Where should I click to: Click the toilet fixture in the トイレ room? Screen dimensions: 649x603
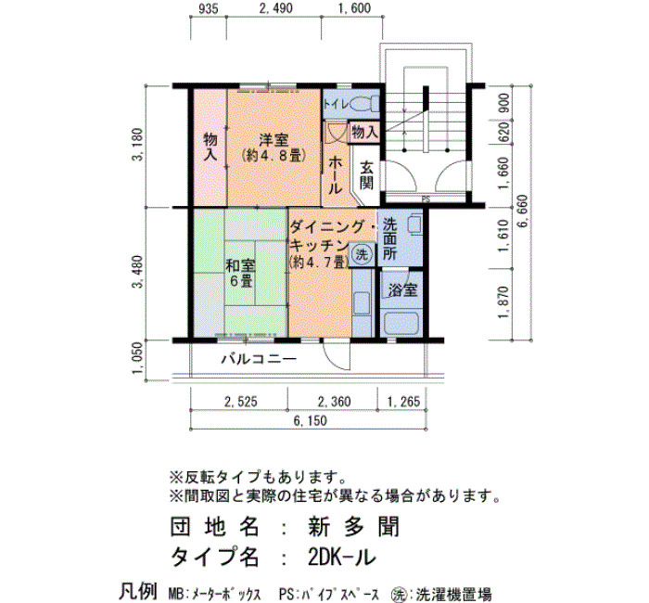pos(365,104)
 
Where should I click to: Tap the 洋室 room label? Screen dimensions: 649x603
pos(274,139)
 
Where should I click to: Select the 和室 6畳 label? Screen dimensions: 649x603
pos(240,273)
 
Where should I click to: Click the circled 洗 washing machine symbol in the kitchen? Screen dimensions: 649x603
pos(363,254)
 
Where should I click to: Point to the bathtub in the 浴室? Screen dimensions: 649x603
pos(401,324)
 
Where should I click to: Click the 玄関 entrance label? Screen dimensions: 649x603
pos(367,174)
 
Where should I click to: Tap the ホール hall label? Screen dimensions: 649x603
pos(336,175)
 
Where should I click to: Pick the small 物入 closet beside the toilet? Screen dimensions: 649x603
pos(364,133)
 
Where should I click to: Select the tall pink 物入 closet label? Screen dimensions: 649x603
pos(210,147)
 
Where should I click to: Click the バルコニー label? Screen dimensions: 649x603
pos(259,358)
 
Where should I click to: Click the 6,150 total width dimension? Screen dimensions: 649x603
pos(310,421)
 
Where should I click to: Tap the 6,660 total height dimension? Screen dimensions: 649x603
pos(523,212)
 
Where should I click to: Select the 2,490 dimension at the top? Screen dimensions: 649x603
pos(275,8)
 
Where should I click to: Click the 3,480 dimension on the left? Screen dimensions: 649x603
pos(139,272)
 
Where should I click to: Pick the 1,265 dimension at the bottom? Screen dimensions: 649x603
pos(403,402)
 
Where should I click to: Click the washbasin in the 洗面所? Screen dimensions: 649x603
pos(414,225)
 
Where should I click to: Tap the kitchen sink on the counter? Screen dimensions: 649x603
pos(362,303)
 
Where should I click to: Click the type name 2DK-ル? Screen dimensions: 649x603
pos(342,557)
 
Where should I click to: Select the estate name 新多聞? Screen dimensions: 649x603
pos(354,527)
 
